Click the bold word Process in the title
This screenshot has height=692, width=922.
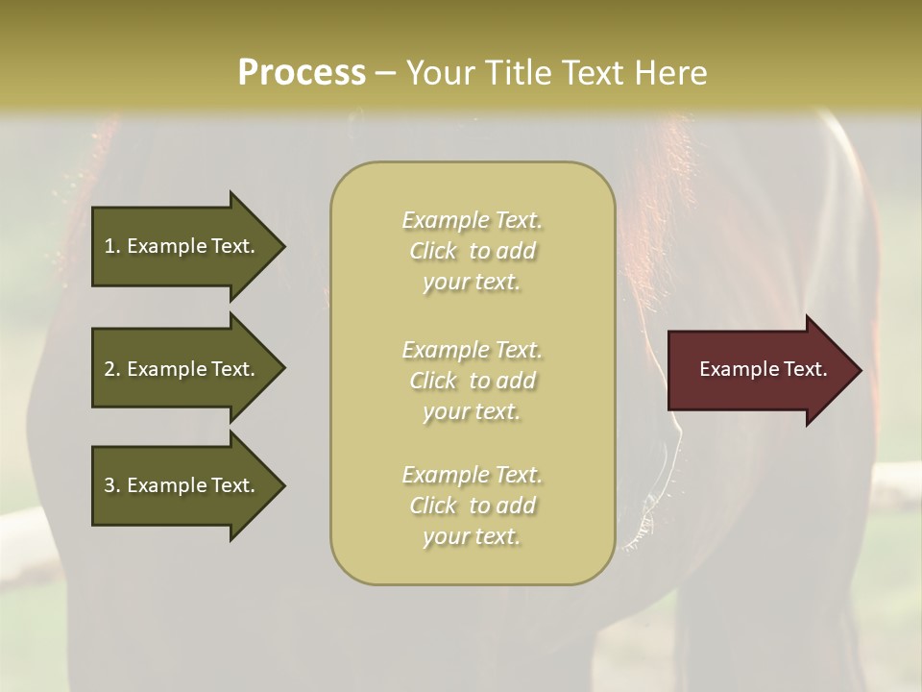[302, 73]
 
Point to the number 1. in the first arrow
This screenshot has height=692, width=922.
[112, 246]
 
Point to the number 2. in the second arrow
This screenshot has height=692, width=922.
[112, 369]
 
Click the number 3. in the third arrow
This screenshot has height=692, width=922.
[112, 485]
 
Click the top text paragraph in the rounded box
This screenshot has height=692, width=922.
[473, 251]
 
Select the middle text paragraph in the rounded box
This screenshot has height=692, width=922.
[473, 381]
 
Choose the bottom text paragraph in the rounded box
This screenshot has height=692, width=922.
[473, 506]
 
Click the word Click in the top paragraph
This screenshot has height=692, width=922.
[433, 251]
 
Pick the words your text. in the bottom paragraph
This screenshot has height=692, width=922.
[472, 536]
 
